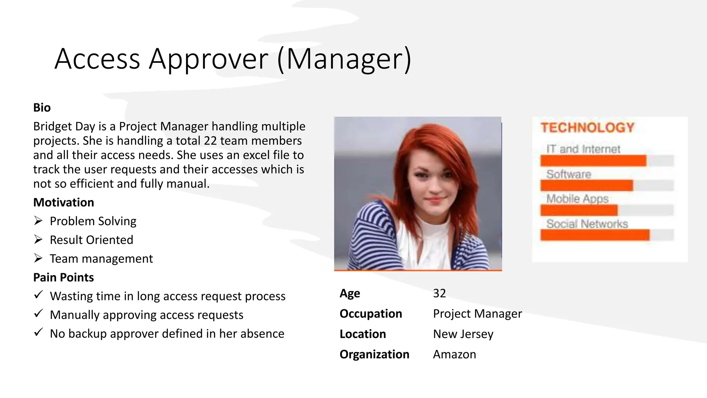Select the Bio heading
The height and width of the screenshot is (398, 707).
[x=42, y=108]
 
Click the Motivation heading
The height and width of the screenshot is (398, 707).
[x=64, y=202]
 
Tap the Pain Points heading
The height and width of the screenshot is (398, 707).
[x=64, y=277]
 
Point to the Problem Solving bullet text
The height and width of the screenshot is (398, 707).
[x=93, y=221]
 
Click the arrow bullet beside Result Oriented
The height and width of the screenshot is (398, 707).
[x=38, y=239]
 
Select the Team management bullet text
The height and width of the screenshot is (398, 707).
[x=101, y=259]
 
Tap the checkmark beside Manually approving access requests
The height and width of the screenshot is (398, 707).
[x=38, y=314]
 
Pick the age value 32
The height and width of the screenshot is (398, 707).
[x=439, y=293]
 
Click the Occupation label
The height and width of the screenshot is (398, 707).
[x=371, y=314]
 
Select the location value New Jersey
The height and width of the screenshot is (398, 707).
[x=463, y=334]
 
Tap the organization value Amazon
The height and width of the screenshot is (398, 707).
[x=454, y=354]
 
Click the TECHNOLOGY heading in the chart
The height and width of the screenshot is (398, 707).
[x=588, y=128]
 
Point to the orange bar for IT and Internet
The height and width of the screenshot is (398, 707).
[x=593, y=161]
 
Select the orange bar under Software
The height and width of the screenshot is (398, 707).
[x=587, y=186]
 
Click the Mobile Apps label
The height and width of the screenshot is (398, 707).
[x=577, y=199]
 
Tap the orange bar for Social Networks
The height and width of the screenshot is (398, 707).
[x=595, y=235]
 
